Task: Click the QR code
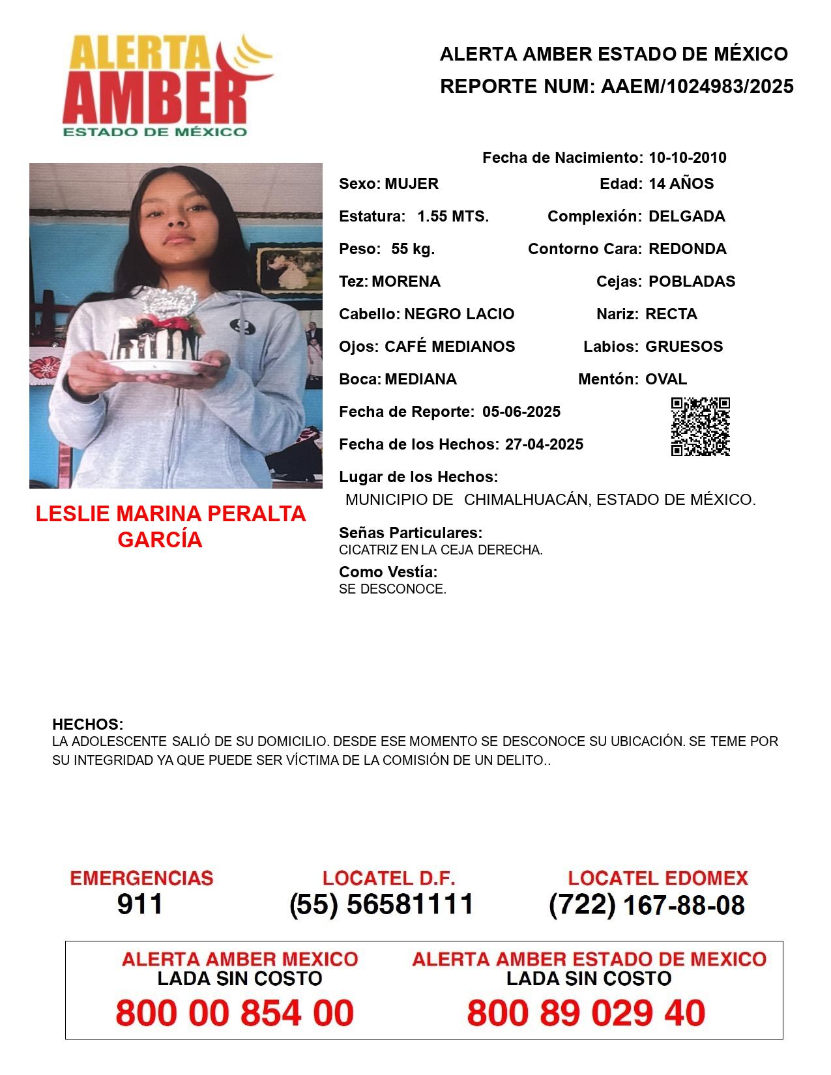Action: (x=700, y=427)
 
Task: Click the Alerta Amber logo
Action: (x=167, y=87)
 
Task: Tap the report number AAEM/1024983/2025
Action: (x=697, y=87)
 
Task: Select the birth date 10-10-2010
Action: (x=687, y=158)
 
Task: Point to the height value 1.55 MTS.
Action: (x=453, y=216)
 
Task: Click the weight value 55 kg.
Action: (x=413, y=249)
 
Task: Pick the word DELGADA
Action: (x=686, y=216)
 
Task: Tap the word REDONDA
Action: (x=687, y=249)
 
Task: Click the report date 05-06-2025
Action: (x=521, y=412)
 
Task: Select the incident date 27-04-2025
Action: (x=544, y=444)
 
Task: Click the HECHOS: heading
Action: (x=87, y=724)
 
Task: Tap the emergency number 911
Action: (x=140, y=904)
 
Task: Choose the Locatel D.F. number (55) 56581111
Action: (x=382, y=904)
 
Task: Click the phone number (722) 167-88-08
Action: (x=647, y=905)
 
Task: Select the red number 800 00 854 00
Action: (x=235, y=1013)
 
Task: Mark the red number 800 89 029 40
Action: (x=586, y=1013)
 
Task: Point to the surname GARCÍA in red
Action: (x=160, y=540)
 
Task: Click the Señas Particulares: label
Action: (x=411, y=533)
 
